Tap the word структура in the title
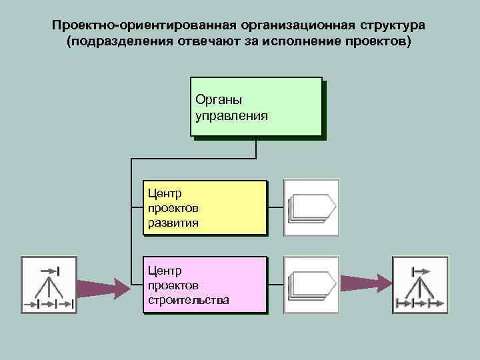[394, 25]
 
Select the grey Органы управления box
[257, 108]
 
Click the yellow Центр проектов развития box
[205, 207]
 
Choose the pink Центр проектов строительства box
[205, 285]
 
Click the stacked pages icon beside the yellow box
[311, 207]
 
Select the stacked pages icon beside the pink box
[311, 285]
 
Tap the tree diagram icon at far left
[48, 285]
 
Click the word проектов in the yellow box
[173, 207]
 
